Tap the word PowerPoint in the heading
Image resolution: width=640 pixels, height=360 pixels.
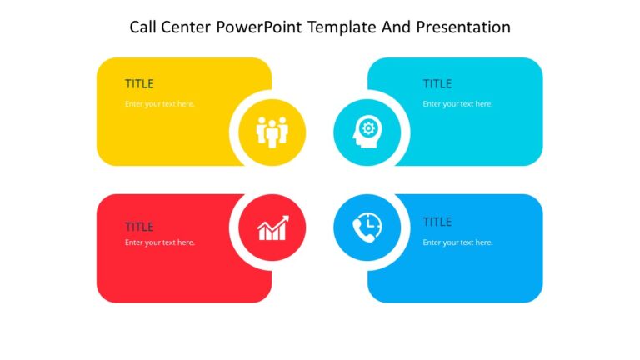click(257, 27)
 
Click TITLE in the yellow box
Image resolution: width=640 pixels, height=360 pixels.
click(139, 84)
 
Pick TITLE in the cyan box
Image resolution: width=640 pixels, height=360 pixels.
click(437, 84)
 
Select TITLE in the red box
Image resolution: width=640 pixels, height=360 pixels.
click(139, 227)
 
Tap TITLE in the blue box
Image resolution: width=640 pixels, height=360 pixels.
click(437, 222)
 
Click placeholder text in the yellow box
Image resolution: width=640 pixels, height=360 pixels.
click(160, 104)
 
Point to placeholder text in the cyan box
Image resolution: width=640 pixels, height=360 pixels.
click(457, 104)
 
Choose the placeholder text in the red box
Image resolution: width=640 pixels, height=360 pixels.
click(160, 242)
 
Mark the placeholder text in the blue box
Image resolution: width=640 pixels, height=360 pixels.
click(457, 242)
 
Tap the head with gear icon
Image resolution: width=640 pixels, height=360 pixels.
click(367, 132)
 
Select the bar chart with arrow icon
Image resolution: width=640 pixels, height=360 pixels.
click(272, 227)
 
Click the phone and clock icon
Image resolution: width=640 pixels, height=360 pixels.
click(367, 227)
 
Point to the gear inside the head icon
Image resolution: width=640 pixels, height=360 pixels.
click(369, 128)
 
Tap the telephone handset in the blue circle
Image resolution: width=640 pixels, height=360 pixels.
click(362, 232)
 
